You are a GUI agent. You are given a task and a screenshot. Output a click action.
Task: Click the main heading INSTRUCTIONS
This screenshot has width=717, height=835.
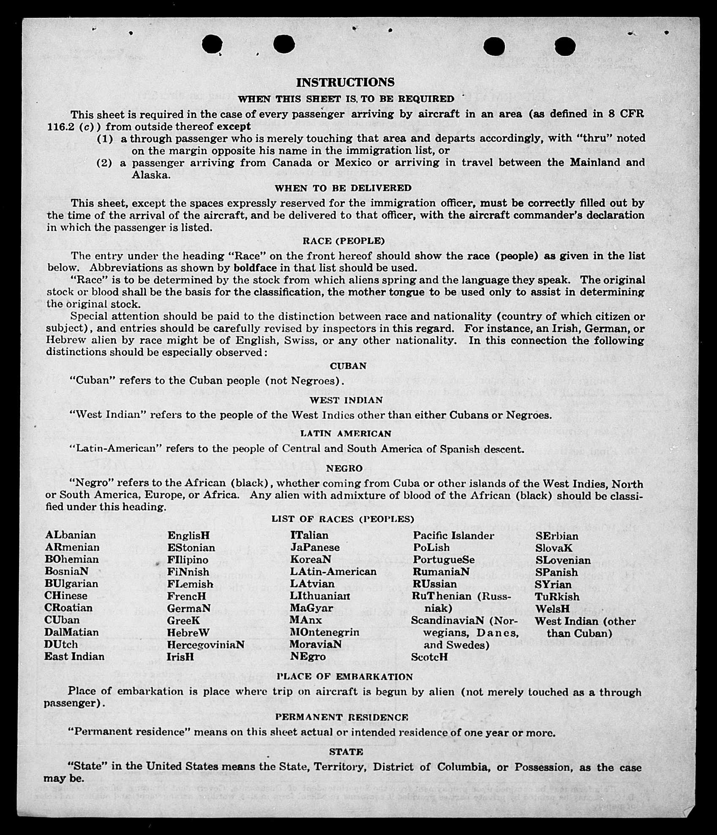[345, 82]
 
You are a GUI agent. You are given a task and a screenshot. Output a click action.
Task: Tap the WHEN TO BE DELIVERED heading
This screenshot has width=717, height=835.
[343, 188]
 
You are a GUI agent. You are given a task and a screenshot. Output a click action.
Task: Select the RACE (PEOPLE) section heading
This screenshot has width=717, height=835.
[344, 241]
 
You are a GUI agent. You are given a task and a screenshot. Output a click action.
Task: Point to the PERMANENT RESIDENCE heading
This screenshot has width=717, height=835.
[342, 717]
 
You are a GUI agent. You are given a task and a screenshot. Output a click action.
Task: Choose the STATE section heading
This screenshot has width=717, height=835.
[346, 752]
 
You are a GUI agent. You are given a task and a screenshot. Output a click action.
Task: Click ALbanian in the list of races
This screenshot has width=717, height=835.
[71, 535]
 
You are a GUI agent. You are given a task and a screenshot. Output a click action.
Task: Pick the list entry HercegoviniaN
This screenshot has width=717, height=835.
[206, 645]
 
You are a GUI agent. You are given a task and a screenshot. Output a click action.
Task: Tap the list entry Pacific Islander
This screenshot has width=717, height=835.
[453, 536]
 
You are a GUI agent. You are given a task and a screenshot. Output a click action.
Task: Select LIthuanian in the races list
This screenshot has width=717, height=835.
[320, 596]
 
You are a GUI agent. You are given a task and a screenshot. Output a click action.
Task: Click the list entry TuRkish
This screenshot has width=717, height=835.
[557, 597]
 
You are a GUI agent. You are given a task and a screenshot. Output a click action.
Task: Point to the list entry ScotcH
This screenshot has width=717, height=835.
[429, 657]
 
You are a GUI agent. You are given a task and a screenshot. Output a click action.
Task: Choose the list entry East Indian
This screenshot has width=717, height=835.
[74, 657]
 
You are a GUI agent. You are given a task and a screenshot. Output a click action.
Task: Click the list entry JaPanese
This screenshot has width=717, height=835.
[315, 547]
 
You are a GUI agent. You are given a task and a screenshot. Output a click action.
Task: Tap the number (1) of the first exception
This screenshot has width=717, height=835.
[105, 139]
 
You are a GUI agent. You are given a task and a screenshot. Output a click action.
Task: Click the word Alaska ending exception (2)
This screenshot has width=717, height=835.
[151, 175]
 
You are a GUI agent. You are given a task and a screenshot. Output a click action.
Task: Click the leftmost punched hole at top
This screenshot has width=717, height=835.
[212, 44]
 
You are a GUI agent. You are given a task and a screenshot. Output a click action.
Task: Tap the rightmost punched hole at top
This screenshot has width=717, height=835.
[564, 46]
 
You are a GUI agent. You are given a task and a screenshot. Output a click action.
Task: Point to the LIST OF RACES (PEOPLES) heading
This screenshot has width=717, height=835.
[343, 519]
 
